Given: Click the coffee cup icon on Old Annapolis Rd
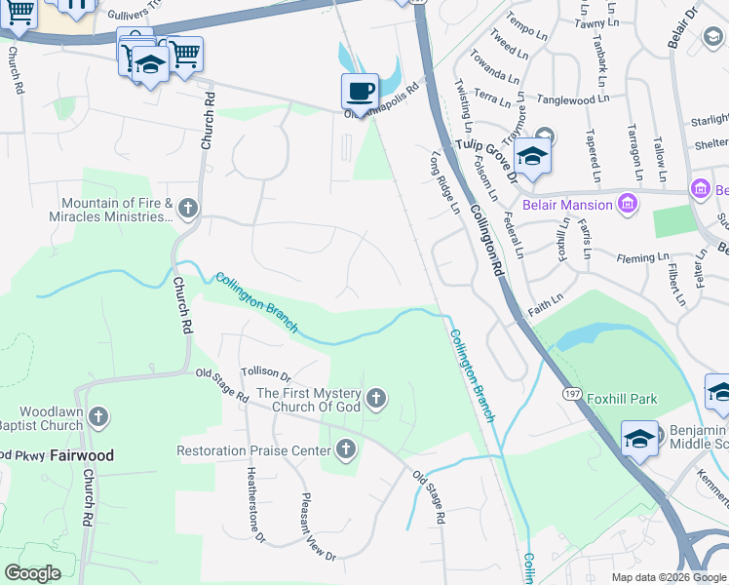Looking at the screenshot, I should tap(360, 91).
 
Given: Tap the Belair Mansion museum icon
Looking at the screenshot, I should tap(628, 205).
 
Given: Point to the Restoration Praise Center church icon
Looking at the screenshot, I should tap(344, 449).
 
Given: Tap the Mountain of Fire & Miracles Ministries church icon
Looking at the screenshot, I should tap(187, 208).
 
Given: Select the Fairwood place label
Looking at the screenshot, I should tap(82, 455).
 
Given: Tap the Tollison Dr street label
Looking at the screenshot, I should tap(266, 373).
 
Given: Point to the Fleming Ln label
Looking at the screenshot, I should tap(643, 258).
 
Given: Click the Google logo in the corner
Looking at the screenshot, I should tap(32, 573).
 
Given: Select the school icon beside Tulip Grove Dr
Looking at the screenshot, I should tap(532, 156).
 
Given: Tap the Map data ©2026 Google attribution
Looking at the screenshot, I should tap(669, 577).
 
